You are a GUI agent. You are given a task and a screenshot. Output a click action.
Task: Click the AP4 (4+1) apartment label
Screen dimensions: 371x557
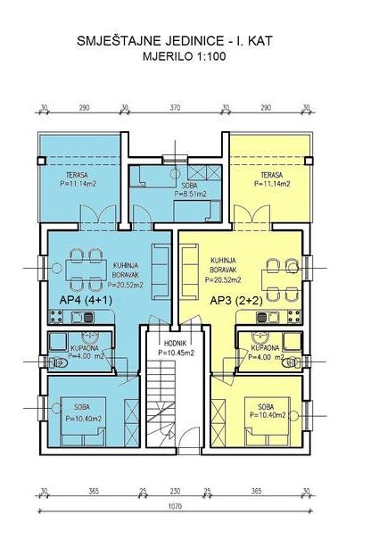86,301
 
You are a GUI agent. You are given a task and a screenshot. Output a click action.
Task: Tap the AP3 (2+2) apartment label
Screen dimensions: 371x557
236,301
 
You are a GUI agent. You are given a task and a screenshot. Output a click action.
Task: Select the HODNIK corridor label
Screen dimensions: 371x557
176,344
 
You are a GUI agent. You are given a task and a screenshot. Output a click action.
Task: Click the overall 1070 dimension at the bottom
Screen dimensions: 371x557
176,506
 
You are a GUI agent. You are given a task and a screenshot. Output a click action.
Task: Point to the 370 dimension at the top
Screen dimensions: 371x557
176,107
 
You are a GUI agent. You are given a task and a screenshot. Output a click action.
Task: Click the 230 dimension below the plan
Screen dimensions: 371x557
175,491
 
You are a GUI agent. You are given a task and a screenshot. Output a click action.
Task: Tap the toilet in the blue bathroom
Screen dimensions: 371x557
58,362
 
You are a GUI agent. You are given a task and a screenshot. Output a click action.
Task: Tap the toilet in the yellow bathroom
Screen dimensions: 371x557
292,362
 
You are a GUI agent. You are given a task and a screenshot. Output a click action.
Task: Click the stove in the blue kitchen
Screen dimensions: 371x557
55,317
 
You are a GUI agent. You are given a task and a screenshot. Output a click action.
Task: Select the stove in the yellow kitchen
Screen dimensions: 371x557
294,317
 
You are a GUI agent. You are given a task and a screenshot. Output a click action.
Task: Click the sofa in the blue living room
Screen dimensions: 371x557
161,270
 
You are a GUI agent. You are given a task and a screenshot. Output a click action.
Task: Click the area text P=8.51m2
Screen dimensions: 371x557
190,194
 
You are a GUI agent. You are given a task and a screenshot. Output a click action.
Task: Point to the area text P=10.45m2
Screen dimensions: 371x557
176,353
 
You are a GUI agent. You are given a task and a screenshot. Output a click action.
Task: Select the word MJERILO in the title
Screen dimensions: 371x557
166,56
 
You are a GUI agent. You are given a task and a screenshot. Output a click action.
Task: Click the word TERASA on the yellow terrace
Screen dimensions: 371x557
272,175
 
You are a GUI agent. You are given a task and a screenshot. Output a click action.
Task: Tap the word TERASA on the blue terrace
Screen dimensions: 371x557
77,175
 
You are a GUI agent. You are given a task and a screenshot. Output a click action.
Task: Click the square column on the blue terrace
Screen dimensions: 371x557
42,161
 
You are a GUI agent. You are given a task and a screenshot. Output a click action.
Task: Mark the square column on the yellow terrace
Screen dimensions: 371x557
309,161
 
